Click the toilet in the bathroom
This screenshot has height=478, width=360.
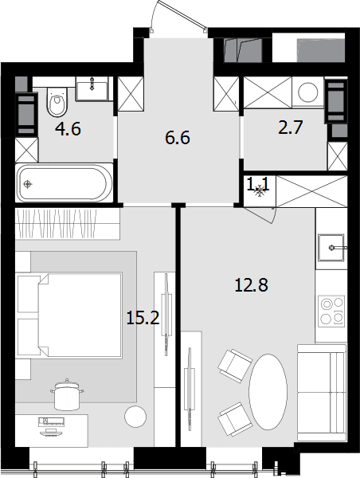click(57, 101)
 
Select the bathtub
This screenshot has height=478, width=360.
click(65, 183)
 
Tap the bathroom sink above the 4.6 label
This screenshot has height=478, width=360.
click(92, 88)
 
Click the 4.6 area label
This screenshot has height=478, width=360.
click(68, 129)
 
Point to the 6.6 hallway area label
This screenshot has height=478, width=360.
click(178, 138)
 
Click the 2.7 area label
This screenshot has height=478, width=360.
click(291, 127)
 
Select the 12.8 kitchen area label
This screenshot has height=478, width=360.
click(251, 285)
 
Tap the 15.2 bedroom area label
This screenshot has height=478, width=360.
click(143, 318)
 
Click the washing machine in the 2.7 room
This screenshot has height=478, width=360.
click(308, 92)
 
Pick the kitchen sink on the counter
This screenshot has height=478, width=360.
click(331, 248)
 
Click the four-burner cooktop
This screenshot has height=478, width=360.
click(331, 311)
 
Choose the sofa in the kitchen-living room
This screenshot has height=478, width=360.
click(322, 393)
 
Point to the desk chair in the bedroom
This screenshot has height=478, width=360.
click(67, 394)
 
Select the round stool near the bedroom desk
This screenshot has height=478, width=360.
click(135, 417)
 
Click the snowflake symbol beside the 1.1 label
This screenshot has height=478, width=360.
click(260, 190)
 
